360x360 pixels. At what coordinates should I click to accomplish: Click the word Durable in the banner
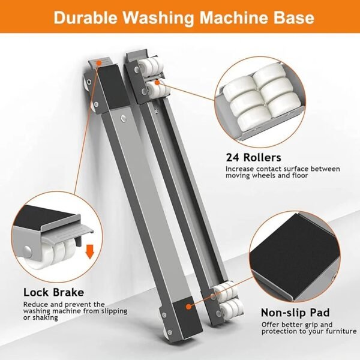tap(85, 17)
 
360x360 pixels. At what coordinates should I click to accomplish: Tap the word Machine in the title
tap(233, 17)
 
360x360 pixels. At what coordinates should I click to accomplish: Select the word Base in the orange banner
tap(293, 17)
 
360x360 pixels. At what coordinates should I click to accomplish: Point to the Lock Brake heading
tap(54, 292)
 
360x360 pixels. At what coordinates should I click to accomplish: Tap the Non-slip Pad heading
tap(295, 313)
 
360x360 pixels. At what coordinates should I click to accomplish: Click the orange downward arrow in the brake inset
tap(90, 251)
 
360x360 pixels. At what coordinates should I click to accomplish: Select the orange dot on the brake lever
tap(99, 62)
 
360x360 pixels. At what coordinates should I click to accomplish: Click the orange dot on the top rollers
tap(157, 82)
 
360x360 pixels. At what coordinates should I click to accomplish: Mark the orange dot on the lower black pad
tap(188, 307)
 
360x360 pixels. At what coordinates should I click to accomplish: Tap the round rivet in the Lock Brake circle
tap(28, 250)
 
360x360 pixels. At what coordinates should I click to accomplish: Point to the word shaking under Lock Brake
tap(45, 318)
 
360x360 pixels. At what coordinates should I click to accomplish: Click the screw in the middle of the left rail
tap(124, 118)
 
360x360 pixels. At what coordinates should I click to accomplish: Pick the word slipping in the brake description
tap(113, 311)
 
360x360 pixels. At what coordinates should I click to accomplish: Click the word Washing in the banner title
tap(158, 17)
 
